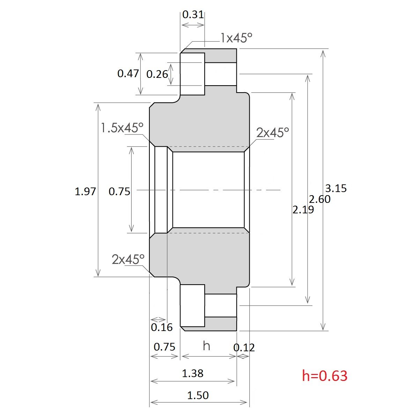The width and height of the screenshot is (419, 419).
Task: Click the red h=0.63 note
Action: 325,376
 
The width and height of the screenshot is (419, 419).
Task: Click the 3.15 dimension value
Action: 336,189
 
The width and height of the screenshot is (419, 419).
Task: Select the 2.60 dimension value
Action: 319,199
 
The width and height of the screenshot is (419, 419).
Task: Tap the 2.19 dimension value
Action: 303,210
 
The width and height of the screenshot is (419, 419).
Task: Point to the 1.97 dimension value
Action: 85,191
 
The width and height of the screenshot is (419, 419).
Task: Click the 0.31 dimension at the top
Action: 193,14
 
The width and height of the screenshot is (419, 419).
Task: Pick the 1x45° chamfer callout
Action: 236,38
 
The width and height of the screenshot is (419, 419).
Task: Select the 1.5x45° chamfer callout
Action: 122,128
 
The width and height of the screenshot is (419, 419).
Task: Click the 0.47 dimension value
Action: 128,73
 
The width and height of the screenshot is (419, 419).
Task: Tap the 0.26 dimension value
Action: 157,74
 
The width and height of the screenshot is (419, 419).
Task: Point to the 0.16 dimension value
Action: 162,327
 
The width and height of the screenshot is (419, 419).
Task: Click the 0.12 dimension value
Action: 244,347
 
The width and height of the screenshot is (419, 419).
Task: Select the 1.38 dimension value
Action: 192,374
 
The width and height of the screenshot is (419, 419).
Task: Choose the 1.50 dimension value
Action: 198,395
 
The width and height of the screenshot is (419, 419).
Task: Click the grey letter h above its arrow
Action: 206,346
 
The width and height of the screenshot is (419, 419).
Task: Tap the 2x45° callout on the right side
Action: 272,133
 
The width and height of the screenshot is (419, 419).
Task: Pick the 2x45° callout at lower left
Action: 128,259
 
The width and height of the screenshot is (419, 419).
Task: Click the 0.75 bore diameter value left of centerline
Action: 119,191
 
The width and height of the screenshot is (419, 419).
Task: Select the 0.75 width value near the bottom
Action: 164,347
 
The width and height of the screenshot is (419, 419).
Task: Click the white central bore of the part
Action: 208,190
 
